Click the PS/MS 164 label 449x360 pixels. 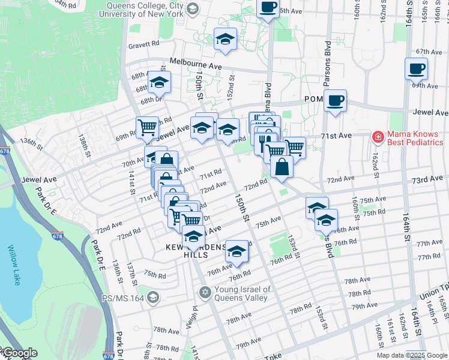[x=123, y=297]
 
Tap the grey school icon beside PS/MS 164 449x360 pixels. [x=154, y=297]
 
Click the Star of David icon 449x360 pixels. [x=205, y=292]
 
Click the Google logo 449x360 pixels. [x=19, y=353]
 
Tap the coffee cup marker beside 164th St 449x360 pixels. [x=416, y=70]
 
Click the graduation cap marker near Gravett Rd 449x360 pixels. [x=225, y=40]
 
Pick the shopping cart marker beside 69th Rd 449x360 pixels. [x=147, y=127]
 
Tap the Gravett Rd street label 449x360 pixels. [x=143, y=44]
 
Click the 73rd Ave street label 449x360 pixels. [x=427, y=180]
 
